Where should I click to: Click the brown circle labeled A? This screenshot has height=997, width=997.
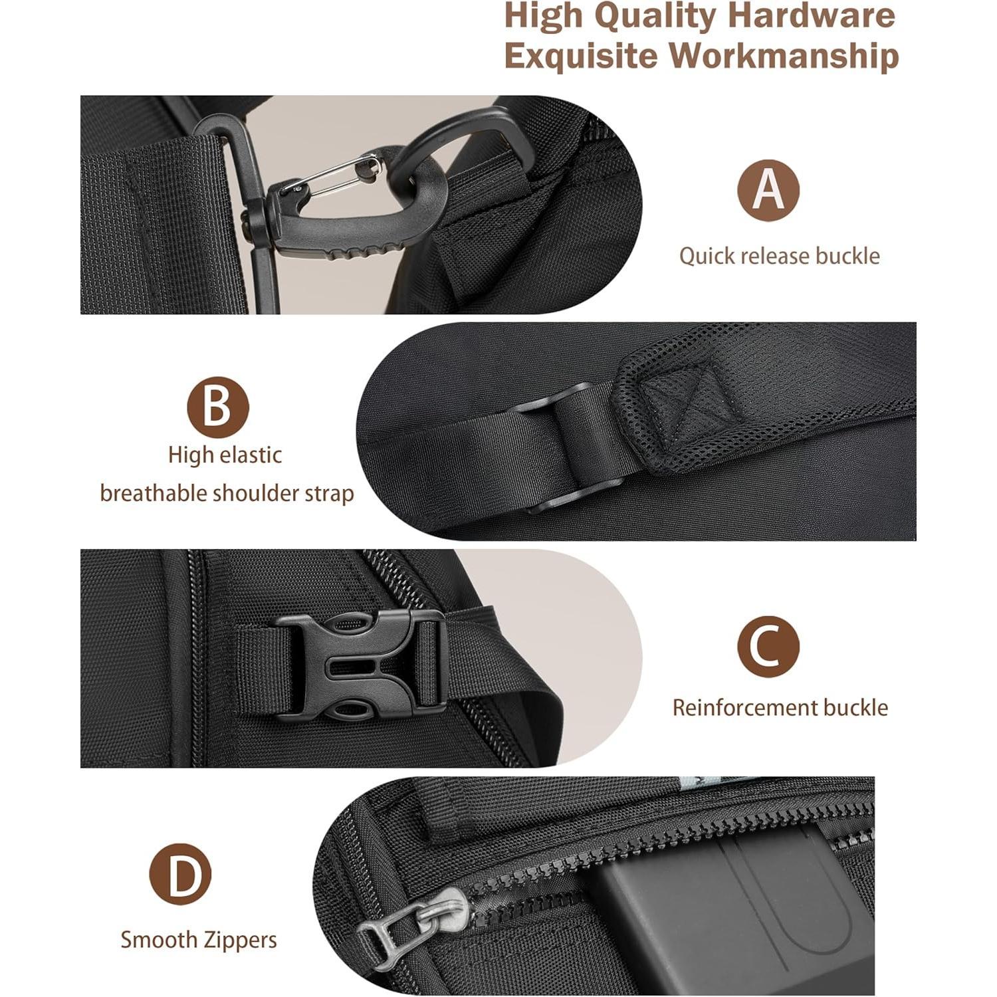[768, 190]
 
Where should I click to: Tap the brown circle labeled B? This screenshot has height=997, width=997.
[217, 407]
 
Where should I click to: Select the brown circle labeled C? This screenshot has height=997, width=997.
[768, 647]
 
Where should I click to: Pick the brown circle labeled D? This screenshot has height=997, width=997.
[180, 874]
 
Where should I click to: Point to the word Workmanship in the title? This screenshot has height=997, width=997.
[784, 56]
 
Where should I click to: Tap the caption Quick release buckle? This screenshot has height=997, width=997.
[779, 256]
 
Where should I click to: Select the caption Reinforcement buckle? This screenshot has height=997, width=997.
[780, 707]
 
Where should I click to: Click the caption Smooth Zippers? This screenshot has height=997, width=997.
[199, 940]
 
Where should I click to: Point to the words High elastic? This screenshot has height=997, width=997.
[225, 455]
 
